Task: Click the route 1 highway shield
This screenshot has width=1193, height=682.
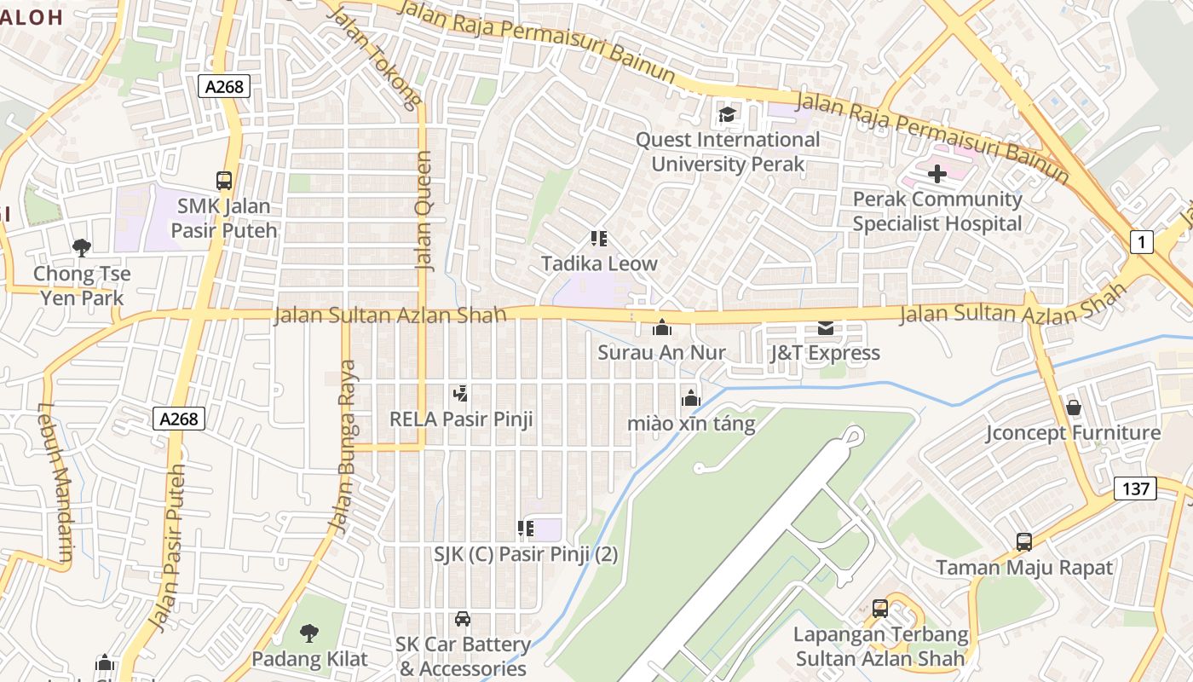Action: coord(1142,242)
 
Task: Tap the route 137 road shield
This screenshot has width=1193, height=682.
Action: coord(1135,488)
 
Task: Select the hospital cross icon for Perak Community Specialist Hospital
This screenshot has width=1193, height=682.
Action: coord(937,174)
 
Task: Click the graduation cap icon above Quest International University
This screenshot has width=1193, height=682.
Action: coord(727,114)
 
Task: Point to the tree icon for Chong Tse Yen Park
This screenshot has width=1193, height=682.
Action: coord(82,248)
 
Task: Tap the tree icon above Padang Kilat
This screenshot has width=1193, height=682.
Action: coord(309,633)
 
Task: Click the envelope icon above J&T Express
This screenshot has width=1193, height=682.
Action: coord(825,327)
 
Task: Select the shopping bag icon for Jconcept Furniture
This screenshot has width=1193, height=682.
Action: coord(1073,407)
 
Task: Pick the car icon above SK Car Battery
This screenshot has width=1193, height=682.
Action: coord(462,619)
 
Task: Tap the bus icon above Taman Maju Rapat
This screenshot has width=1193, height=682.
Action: coord(1023,541)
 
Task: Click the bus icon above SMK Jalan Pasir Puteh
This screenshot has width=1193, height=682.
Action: coord(224,181)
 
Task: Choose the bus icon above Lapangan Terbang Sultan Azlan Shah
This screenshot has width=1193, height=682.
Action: coord(880,609)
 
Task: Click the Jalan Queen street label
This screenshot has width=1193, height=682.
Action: coord(424,211)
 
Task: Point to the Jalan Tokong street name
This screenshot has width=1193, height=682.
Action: coord(374,58)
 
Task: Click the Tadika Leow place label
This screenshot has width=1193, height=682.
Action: coord(599,263)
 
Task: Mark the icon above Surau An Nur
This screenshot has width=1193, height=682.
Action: coord(661,327)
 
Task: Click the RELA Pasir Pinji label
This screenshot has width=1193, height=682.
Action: coord(461,419)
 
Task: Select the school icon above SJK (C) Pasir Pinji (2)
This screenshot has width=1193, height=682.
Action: coord(526,529)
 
